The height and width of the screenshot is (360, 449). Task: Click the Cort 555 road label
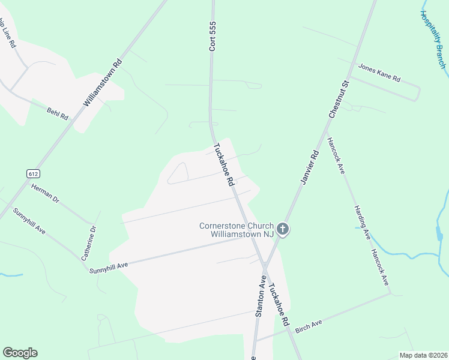click(x=212, y=37)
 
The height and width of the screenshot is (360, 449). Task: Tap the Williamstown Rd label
click(x=103, y=83)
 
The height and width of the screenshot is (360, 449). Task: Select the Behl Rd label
click(x=58, y=113)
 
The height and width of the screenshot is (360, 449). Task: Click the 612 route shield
click(x=33, y=173)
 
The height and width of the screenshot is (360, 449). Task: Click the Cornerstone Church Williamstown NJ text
click(x=236, y=230)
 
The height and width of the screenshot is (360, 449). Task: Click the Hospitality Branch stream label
click(x=433, y=39)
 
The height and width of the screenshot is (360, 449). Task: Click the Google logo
click(x=20, y=353)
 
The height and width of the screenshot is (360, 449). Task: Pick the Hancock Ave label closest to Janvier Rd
click(x=336, y=155)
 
